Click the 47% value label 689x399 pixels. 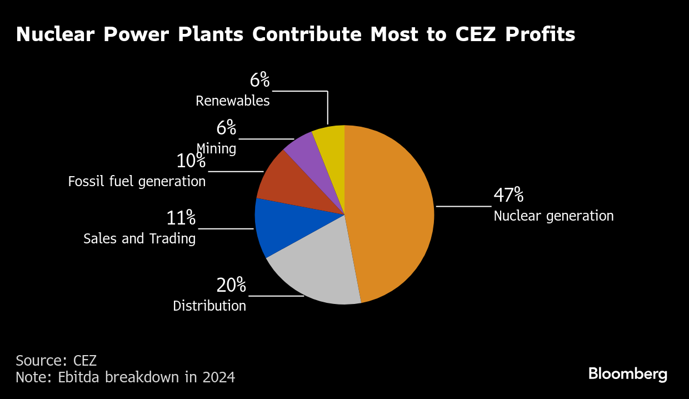pyautogui.click(x=508, y=196)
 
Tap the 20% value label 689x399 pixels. pyautogui.click(x=231, y=286)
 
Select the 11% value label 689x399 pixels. pyautogui.click(x=181, y=218)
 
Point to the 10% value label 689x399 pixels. pyautogui.click(x=191, y=162)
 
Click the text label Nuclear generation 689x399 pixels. pyautogui.click(x=553, y=216)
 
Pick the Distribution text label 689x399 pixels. pyautogui.click(x=209, y=306)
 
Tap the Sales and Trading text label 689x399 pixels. pyautogui.click(x=139, y=239)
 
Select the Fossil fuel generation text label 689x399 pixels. pyautogui.click(x=137, y=182)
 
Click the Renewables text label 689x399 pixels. pyautogui.click(x=233, y=101)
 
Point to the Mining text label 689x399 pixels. pyautogui.click(x=216, y=149)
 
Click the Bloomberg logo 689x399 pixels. pyautogui.click(x=628, y=374)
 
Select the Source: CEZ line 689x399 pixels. pyautogui.click(x=56, y=360)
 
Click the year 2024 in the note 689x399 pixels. pyautogui.click(x=218, y=378)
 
